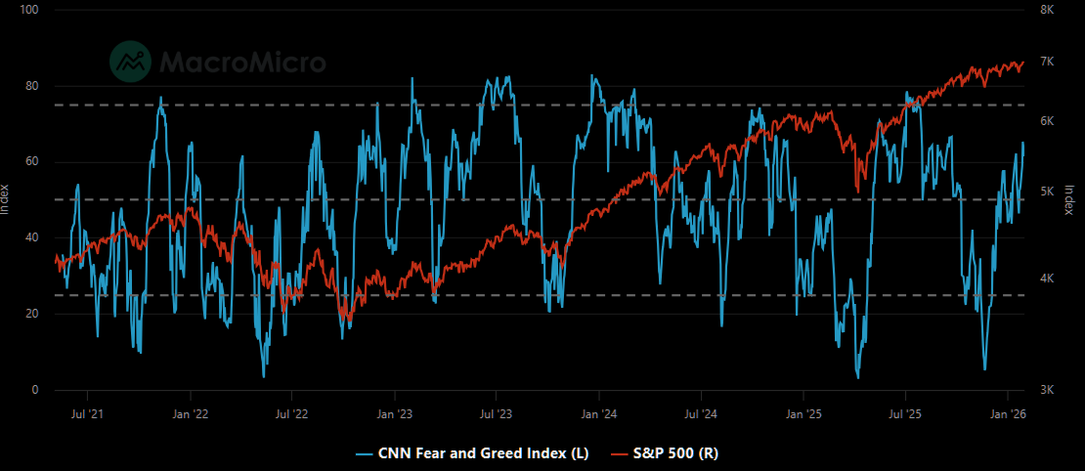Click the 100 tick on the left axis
[x=29, y=10]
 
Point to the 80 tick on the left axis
[x=32, y=86]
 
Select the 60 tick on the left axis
[x=32, y=161]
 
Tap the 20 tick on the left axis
[x=32, y=314]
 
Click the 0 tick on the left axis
[x=35, y=390]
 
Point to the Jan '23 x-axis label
[x=394, y=413]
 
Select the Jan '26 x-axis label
[x=1008, y=413]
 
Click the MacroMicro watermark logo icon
[x=130, y=62]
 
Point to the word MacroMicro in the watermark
[x=242, y=63]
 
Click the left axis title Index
[x=7, y=199]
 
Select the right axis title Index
[x=1069, y=199]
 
